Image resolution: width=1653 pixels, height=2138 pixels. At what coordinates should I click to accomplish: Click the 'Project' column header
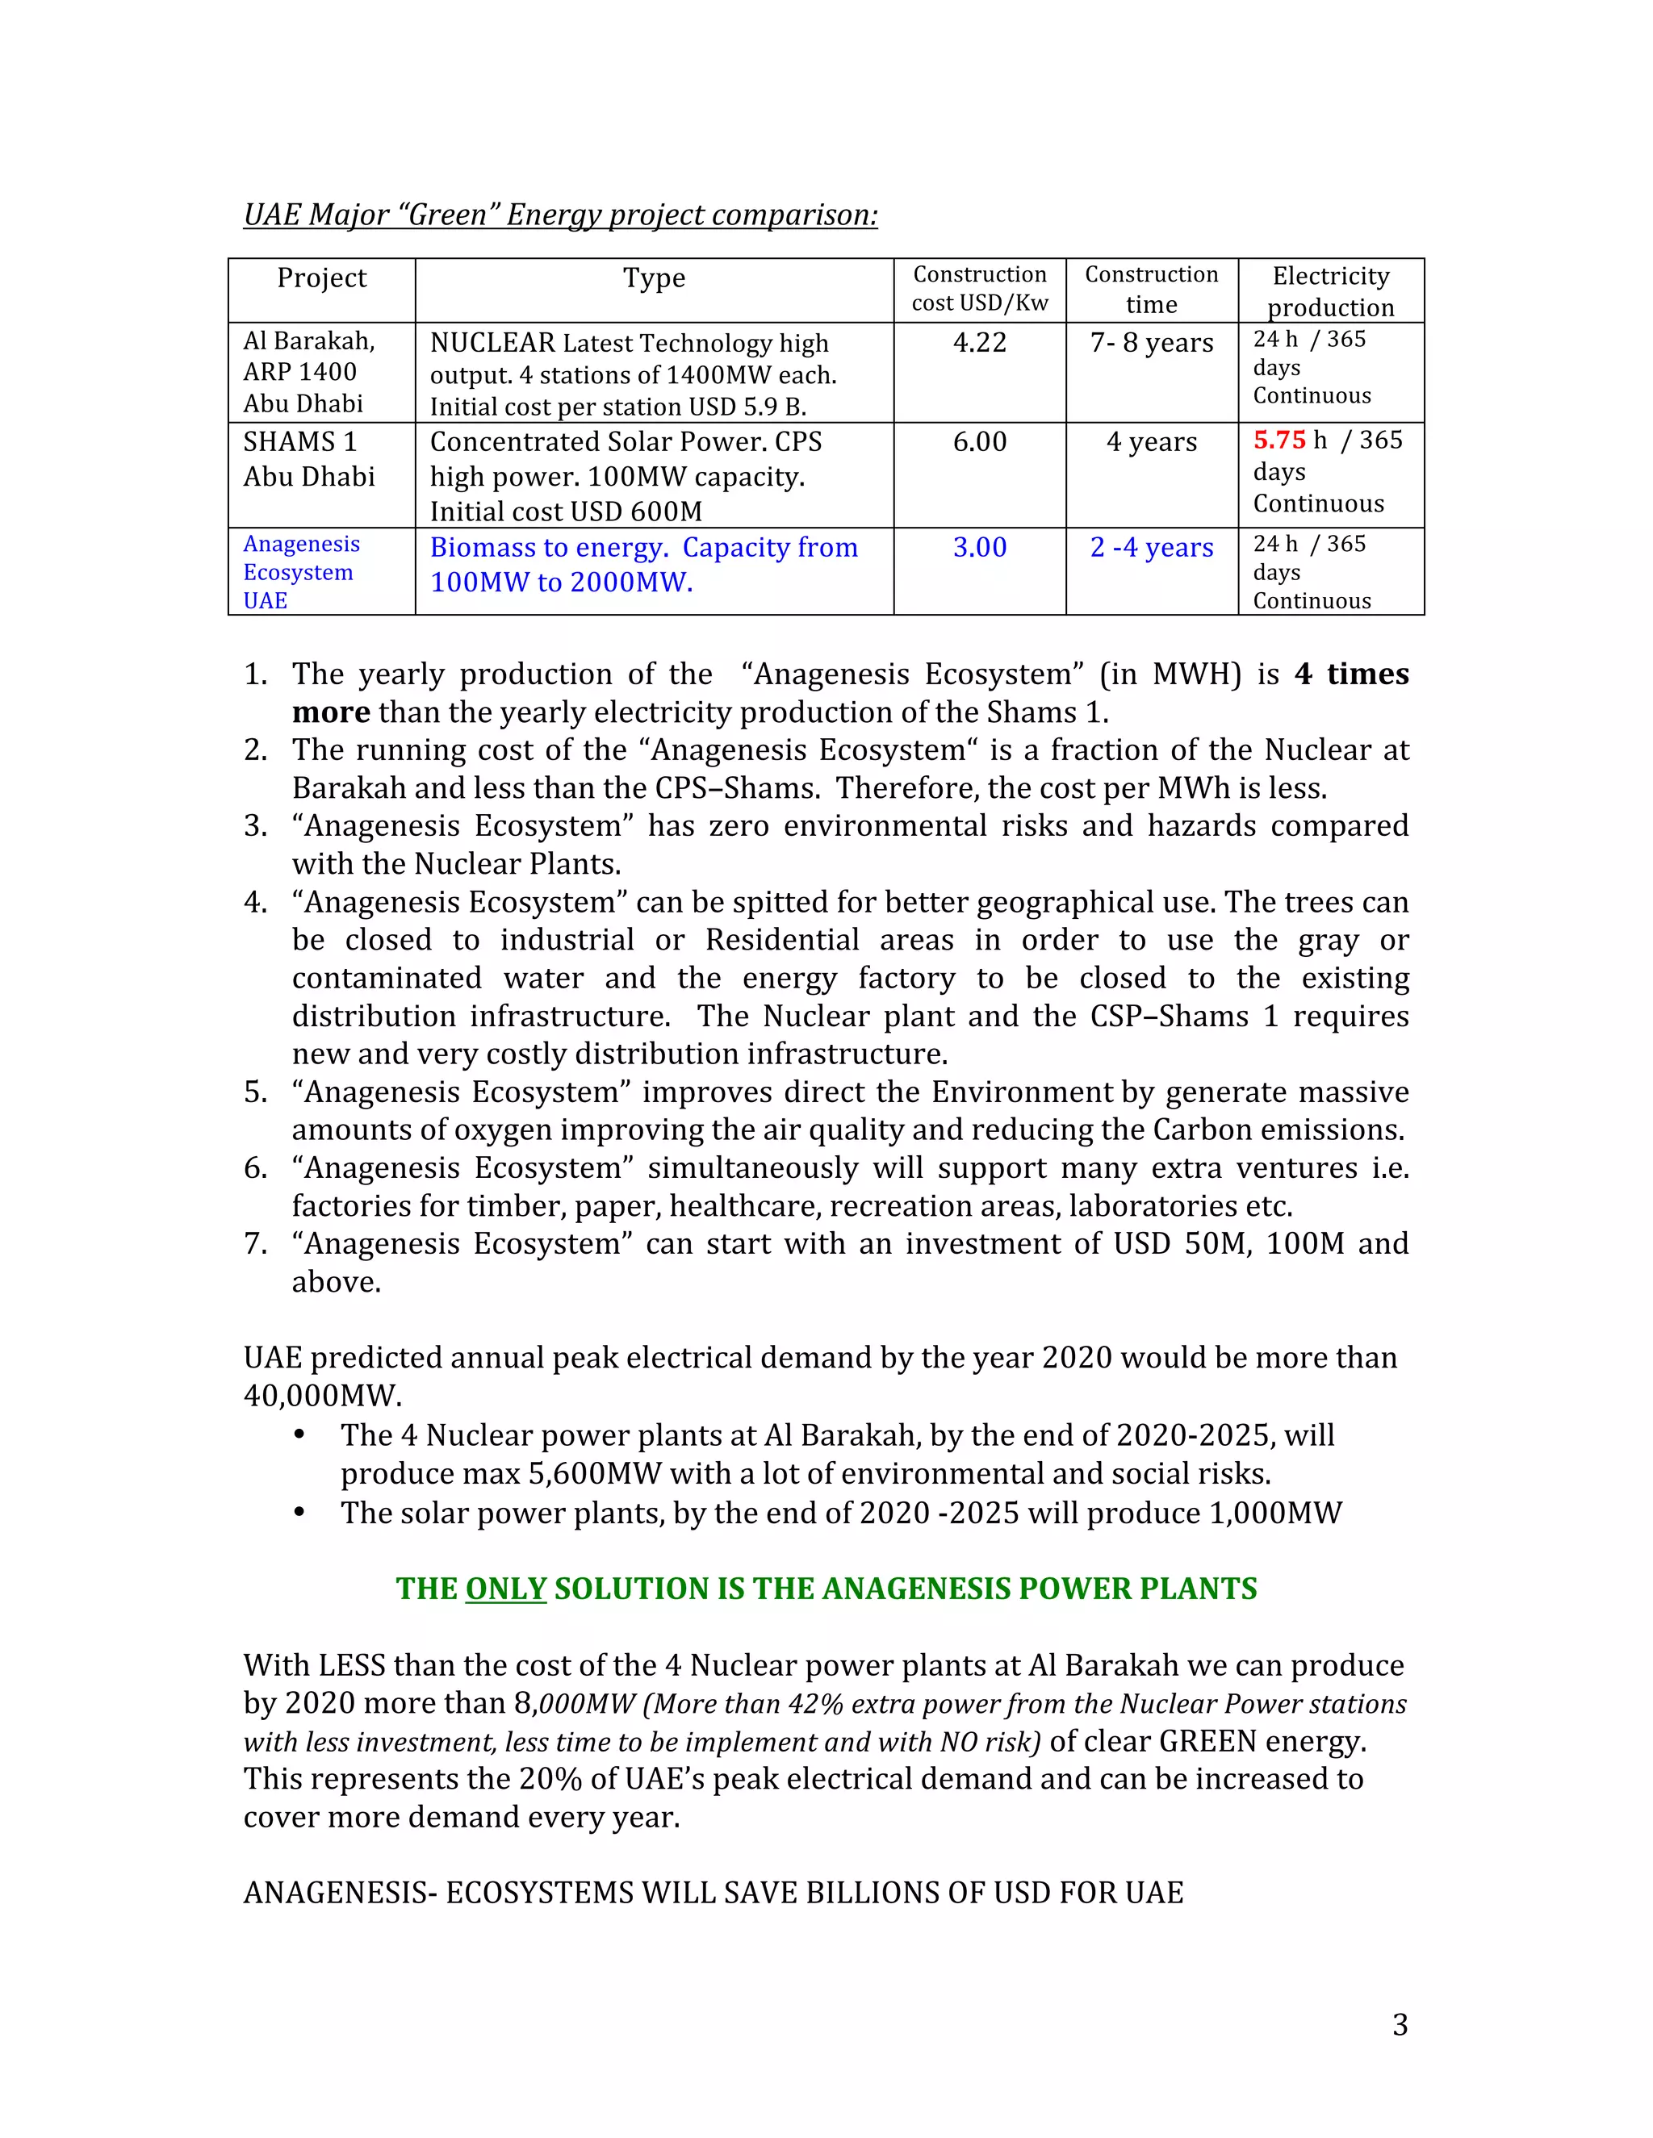click(x=321, y=278)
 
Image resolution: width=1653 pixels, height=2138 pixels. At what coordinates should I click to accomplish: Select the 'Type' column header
click(x=654, y=278)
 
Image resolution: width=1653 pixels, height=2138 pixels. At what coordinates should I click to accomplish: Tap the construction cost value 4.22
click(x=979, y=343)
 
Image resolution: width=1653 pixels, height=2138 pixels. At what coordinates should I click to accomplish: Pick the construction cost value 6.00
click(x=979, y=441)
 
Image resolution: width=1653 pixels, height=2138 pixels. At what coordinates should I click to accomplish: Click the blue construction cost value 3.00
click(x=979, y=547)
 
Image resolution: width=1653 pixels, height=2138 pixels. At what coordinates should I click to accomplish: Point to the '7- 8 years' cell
click(x=1152, y=343)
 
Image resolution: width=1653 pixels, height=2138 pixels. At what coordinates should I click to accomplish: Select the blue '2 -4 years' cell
click(x=1152, y=547)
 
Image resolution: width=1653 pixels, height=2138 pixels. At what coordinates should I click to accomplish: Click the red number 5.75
click(x=1279, y=441)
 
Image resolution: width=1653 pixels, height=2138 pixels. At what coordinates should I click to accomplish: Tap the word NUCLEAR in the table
click(x=492, y=343)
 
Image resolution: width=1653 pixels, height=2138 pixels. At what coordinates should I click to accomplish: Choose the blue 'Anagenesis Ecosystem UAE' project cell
click(x=302, y=572)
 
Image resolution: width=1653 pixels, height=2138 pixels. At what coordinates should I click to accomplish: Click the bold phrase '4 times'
click(x=1351, y=674)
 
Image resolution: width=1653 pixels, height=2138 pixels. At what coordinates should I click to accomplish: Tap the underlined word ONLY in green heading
click(x=505, y=1588)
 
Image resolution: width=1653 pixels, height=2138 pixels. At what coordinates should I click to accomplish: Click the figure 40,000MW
click(x=322, y=1395)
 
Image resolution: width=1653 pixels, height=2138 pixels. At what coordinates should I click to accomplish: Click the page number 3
click(x=1400, y=2024)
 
